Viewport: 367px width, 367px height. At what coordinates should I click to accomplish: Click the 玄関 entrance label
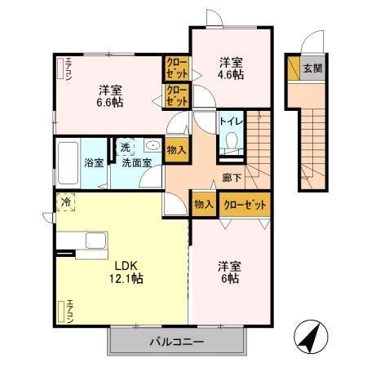tap(312, 69)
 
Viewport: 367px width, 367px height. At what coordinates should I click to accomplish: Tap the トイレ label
tap(229, 123)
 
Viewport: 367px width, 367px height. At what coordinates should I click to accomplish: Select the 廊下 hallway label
tap(231, 177)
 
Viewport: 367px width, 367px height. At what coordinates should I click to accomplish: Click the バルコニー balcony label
tap(176, 341)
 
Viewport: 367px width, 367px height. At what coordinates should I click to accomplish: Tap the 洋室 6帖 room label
tap(228, 272)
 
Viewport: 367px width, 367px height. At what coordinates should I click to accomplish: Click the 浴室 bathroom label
tap(94, 162)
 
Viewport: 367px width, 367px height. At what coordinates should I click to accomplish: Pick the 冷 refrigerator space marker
tap(64, 201)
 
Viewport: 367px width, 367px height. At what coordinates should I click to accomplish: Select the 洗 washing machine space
tap(125, 148)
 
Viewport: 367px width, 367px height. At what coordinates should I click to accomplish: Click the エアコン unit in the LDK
tap(61, 311)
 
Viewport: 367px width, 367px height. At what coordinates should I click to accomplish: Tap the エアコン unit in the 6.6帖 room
tap(61, 69)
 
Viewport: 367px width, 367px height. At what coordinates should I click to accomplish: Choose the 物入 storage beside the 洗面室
tap(176, 150)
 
